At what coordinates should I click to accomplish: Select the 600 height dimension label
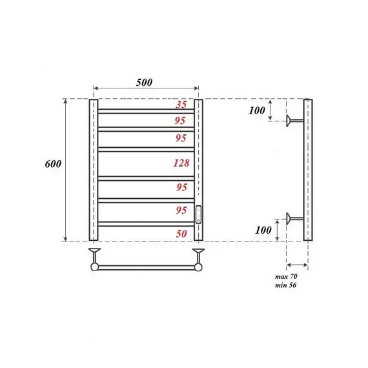[x=54, y=164]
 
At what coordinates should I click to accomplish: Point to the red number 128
[x=181, y=163]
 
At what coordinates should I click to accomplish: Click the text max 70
[x=286, y=276]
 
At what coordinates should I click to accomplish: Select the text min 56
[x=286, y=285]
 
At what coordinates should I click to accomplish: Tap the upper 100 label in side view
[x=257, y=110]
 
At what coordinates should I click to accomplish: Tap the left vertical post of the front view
[x=93, y=170]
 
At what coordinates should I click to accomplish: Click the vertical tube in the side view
[x=308, y=170]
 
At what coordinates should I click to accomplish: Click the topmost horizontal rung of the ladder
[x=146, y=112]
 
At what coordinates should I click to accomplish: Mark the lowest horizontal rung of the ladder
[x=146, y=223]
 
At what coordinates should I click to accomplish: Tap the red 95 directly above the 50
[x=181, y=210]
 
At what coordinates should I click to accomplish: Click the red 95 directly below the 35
[x=181, y=120]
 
